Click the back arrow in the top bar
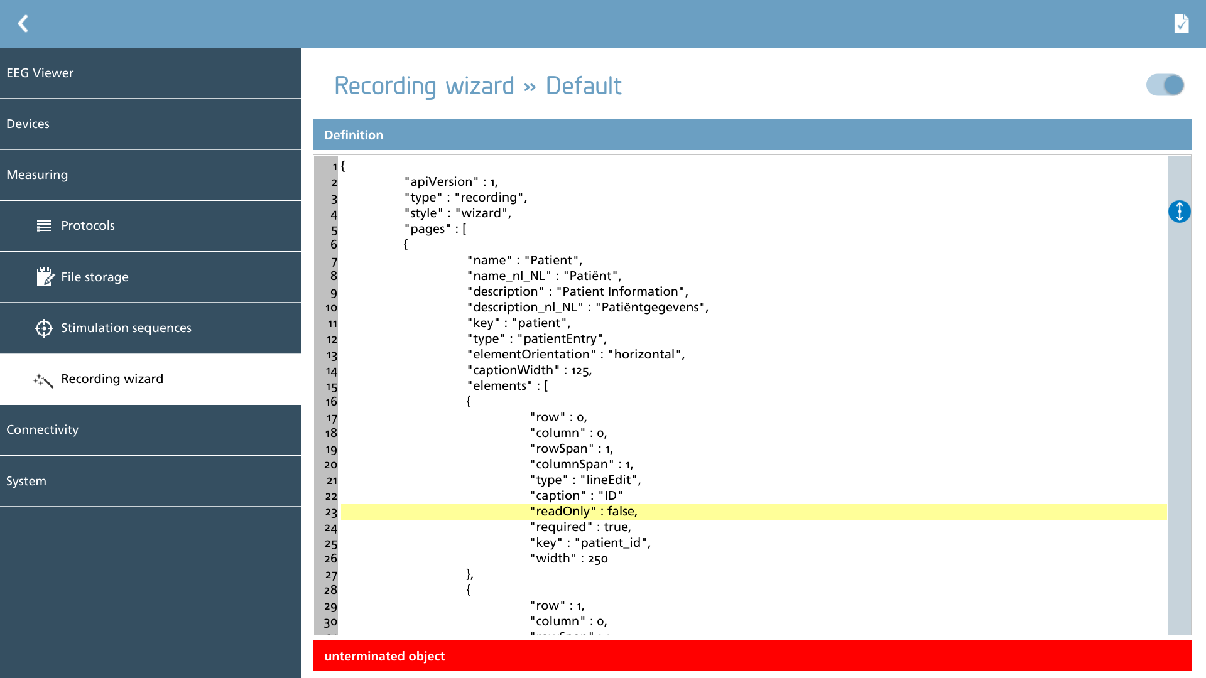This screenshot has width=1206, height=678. click(x=23, y=24)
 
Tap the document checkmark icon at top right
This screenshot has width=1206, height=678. click(x=1181, y=24)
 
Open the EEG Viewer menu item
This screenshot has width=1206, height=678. click(x=40, y=73)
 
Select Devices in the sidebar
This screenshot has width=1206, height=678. click(x=28, y=124)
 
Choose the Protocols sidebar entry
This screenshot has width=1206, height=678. click(x=88, y=225)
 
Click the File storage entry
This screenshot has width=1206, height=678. click(x=95, y=277)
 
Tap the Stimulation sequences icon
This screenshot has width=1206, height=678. click(x=44, y=328)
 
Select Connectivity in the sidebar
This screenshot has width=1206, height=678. click(x=42, y=429)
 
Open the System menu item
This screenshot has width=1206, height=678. click(x=26, y=481)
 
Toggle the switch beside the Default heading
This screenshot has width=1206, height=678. click(x=1165, y=85)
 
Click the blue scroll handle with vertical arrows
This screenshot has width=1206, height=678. click(x=1180, y=212)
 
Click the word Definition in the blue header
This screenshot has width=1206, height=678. click(x=354, y=135)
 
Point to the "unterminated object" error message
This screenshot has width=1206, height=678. click(x=384, y=656)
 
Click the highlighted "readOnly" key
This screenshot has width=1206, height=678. click(x=563, y=512)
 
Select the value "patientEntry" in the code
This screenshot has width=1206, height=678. click(x=560, y=339)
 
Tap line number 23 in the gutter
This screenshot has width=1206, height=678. click(x=331, y=512)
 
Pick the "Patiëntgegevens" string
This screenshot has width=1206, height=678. click(x=650, y=308)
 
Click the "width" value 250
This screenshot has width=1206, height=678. click(x=597, y=559)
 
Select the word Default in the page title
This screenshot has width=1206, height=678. click(x=584, y=85)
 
